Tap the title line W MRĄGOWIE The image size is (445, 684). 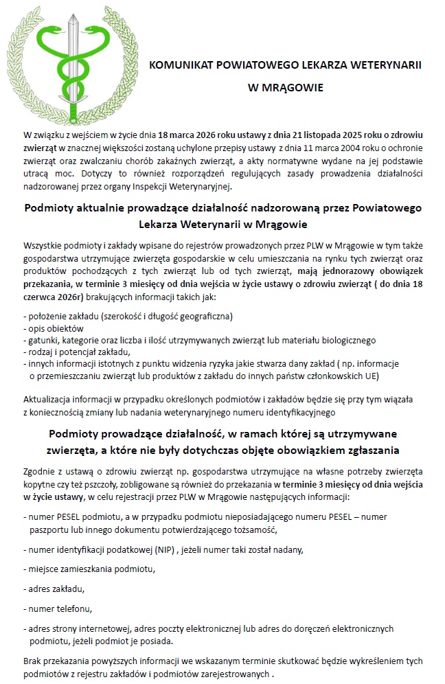coord(285,88)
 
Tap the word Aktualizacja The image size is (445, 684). coord(47,399)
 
